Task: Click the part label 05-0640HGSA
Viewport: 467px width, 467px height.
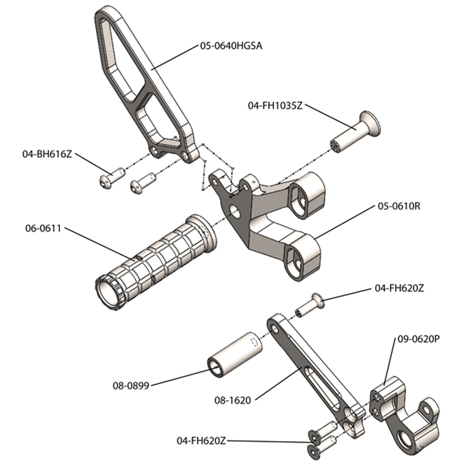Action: (231, 46)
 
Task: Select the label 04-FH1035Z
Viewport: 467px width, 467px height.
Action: (275, 106)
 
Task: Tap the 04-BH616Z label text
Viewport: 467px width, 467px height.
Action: (47, 154)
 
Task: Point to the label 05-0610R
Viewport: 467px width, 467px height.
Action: (399, 206)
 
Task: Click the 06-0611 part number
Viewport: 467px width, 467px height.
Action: (43, 228)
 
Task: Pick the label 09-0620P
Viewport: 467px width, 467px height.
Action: (419, 339)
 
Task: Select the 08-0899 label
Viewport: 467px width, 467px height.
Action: (131, 386)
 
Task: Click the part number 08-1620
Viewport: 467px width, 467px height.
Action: (233, 400)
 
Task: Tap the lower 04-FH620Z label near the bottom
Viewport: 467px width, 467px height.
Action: (201, 441)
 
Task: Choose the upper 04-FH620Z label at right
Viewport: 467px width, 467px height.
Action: (399, 288)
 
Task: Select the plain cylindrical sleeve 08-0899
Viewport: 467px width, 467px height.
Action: (235, 355)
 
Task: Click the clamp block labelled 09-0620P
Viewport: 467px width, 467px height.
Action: (405, 414)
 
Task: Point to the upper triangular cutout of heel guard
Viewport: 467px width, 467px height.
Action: (120, 58)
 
